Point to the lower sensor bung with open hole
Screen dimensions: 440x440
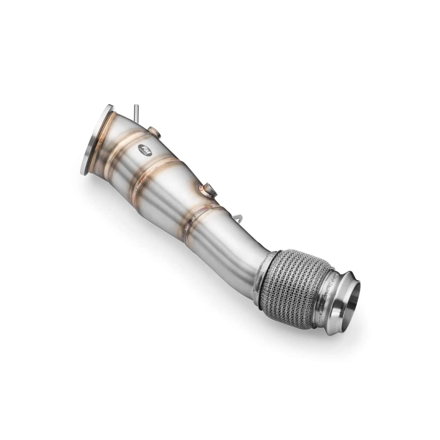(x=209, y=189)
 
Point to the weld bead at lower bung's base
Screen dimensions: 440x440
(x=203, y=192)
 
